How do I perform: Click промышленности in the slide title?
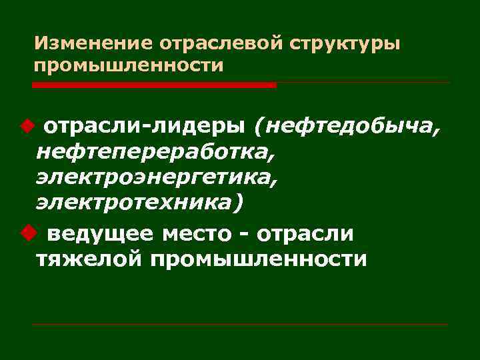point(129,67)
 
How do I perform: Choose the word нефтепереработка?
point(155,153)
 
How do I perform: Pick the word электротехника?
point(133,203)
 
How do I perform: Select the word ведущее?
point(100,235)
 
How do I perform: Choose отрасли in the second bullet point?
point(306,235)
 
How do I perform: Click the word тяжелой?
point(89,259)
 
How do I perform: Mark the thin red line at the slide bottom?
point(240,325)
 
